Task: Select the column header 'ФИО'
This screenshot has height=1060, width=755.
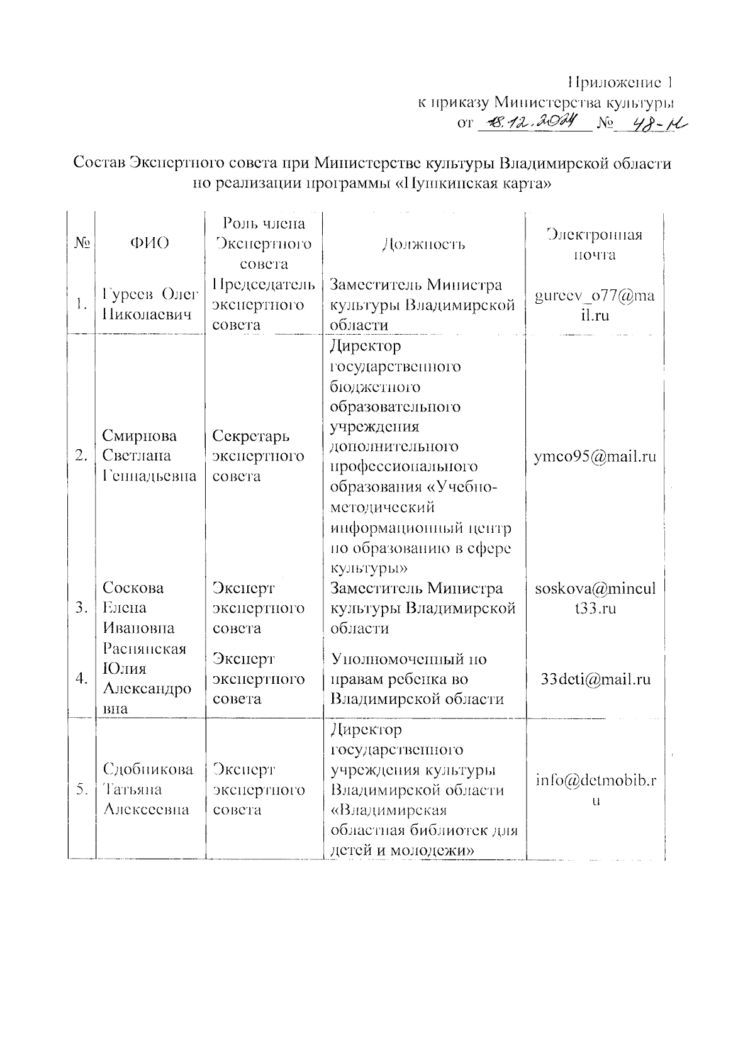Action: click(150, 243)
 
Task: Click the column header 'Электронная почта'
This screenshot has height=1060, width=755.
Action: click(594, 245)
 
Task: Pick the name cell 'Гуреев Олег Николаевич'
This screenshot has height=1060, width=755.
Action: click(150, 304)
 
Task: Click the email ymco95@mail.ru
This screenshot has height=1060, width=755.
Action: click(595, 456)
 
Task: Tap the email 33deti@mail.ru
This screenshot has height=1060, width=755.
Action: click(595, 679)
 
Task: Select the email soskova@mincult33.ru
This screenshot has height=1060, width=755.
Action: click(595, 598)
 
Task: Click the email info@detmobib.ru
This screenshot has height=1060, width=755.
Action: click(595, 789)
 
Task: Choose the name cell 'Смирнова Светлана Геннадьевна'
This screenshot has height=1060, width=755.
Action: click(150, 456)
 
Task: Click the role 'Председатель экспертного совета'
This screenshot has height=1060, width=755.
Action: click(263, 304)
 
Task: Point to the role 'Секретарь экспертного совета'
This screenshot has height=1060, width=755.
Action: click(258, 456)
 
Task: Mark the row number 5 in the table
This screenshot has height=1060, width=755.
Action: click(81, 790)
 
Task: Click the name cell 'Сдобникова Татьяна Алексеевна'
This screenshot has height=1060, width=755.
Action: click(150, 789)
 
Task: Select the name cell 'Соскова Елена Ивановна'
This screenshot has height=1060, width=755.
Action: click(142, 608)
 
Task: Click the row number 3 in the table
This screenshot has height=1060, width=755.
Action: click(81, 608)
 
